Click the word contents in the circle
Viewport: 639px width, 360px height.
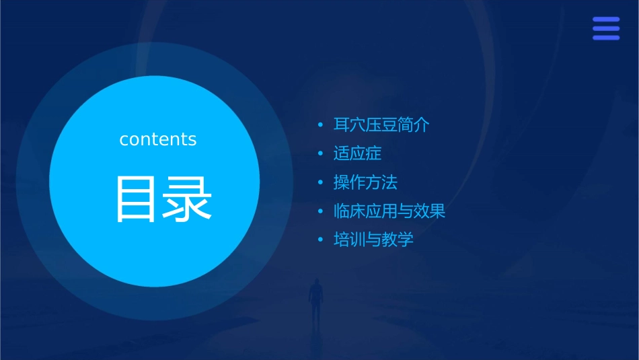pos(158,139)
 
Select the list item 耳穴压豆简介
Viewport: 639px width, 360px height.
pos(381,125)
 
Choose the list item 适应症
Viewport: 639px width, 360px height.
pos(357,153)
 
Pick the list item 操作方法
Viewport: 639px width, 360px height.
pos(365,182)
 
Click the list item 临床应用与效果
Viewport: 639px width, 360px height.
pos(389,211)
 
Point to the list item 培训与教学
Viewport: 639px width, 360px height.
pos(373,240)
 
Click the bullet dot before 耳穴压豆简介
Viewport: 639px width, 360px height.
pos(321,125)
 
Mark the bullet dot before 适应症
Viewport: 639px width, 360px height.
pos(321,154)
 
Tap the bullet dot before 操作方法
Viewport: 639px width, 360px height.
pos(321,182)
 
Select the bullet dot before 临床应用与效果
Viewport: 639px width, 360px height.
pos(321,211)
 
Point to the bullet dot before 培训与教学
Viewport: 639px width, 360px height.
pos(321,240)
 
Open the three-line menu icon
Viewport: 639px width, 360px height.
pos(606,29)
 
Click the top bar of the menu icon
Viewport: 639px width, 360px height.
pos(606,20)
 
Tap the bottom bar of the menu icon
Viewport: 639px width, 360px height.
pos(606,38)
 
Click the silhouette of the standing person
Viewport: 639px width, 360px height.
pos(315,300)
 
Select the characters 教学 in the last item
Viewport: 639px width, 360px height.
pos(398,240)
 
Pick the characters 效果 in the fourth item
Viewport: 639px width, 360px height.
pos(430,211)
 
